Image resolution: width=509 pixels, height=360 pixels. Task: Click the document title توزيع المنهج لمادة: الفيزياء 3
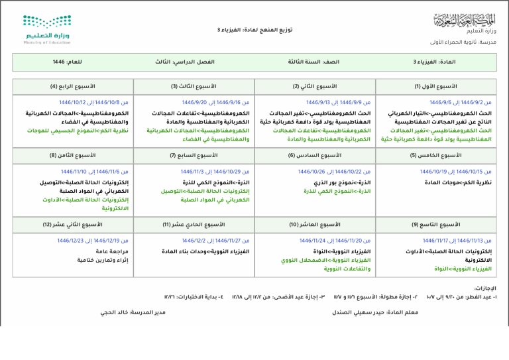pyautogui.click(x=254, y=30)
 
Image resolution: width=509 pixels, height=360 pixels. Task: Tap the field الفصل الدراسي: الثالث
pyautogui.click(x=185, y=62)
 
